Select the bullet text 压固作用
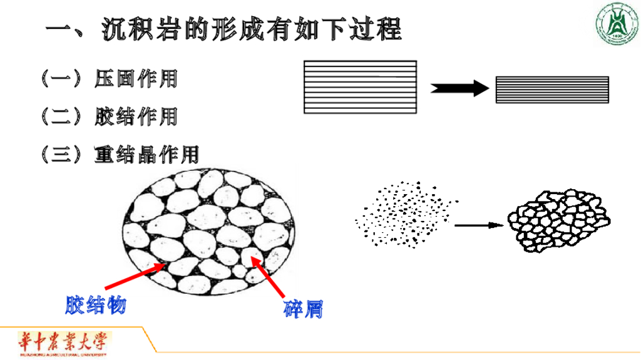coord(136,78)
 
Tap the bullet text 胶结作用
coord(136,116)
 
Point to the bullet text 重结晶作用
coord(146,154)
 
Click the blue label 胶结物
coord(95,305)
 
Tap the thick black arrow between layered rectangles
coord(459,88)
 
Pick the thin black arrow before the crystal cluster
coord(479,225)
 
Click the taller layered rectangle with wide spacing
coord(360,86)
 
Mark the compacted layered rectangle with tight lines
coord(552,90)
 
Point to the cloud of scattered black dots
coord(404,214)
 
